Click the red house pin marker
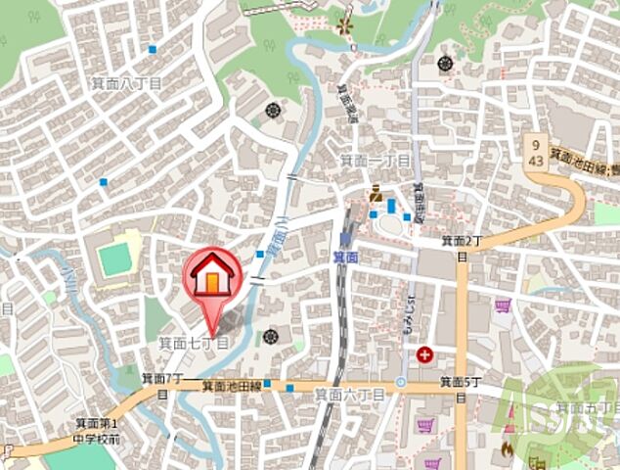point(210,279)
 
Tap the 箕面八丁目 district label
point(127,85)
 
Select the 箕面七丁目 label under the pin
point(194,343)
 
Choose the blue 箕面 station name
point(344,257)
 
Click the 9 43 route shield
point(536,151)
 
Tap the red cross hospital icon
point(425,355)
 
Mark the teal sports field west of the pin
point(115,259)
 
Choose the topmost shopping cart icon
point(503,306)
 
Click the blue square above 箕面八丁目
point(152,49)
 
